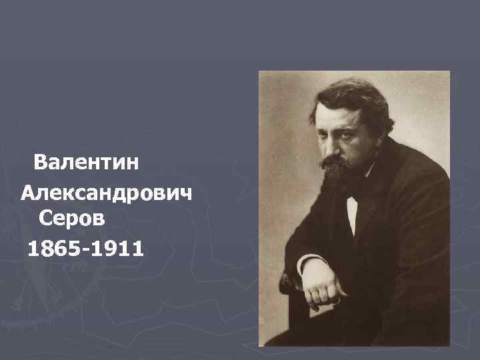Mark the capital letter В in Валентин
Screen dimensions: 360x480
(x=41, y=162)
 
